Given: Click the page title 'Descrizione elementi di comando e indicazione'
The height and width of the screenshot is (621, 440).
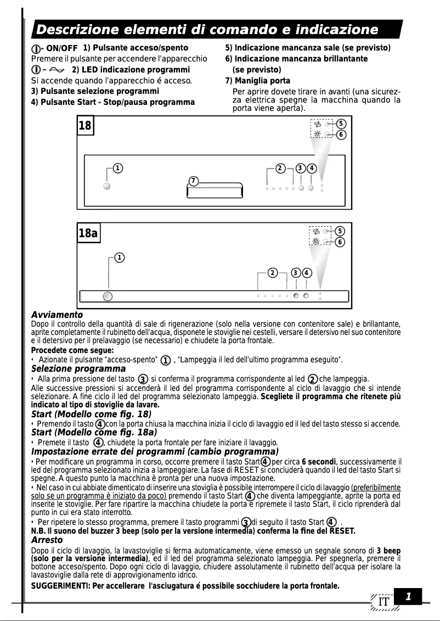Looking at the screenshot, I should coord(207,29).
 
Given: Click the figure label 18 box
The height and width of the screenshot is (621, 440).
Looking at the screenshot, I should coord(85,126).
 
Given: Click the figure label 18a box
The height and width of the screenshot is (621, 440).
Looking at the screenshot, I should coord(88,233).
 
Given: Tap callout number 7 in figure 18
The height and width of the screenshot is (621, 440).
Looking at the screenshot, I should coord(193,181).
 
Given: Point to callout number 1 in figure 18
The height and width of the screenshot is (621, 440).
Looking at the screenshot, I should coord(117,167).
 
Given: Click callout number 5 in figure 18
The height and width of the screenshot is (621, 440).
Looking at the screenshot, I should coord(341,124).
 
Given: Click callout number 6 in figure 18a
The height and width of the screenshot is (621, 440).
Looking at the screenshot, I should coord(340,242).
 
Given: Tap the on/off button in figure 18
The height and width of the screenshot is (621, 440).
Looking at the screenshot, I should coord(107,186).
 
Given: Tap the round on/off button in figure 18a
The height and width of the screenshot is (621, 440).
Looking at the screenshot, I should coord(108,296).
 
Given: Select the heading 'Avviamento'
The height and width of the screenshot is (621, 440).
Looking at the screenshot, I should coord(57,315).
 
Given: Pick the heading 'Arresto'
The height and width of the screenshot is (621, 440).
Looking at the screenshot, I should coord(47,540).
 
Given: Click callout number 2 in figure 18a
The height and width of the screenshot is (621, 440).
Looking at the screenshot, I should coord(272,272).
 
